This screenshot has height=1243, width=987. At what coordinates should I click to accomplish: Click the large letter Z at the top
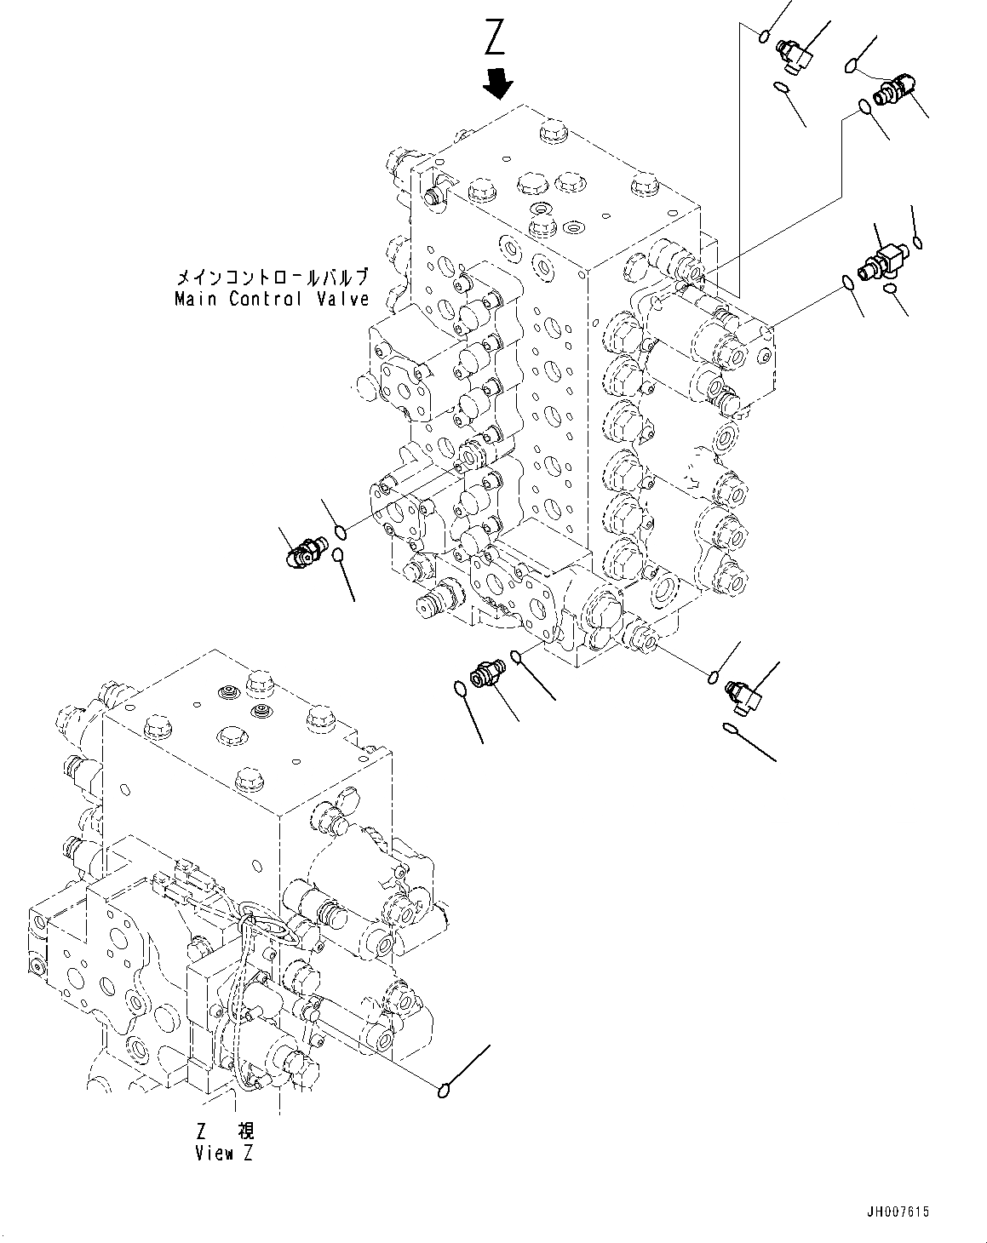tap(496, 37)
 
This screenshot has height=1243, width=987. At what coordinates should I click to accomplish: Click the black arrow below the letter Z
tap(497, 83)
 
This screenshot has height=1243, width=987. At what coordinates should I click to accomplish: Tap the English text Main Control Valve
tap(272, 299)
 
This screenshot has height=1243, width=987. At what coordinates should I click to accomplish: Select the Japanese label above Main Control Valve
tap(272, 278)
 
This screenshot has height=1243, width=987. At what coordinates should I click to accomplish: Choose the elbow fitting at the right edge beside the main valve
tap(880, 260)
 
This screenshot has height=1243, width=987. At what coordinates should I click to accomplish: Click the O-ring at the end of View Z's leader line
tap(443, 1090)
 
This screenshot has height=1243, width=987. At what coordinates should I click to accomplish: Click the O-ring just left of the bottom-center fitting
tap(460, 687)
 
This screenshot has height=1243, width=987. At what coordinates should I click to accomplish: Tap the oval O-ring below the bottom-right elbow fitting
tap(731, 728)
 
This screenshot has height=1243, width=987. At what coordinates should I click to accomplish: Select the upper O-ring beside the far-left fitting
tap(341, 534)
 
